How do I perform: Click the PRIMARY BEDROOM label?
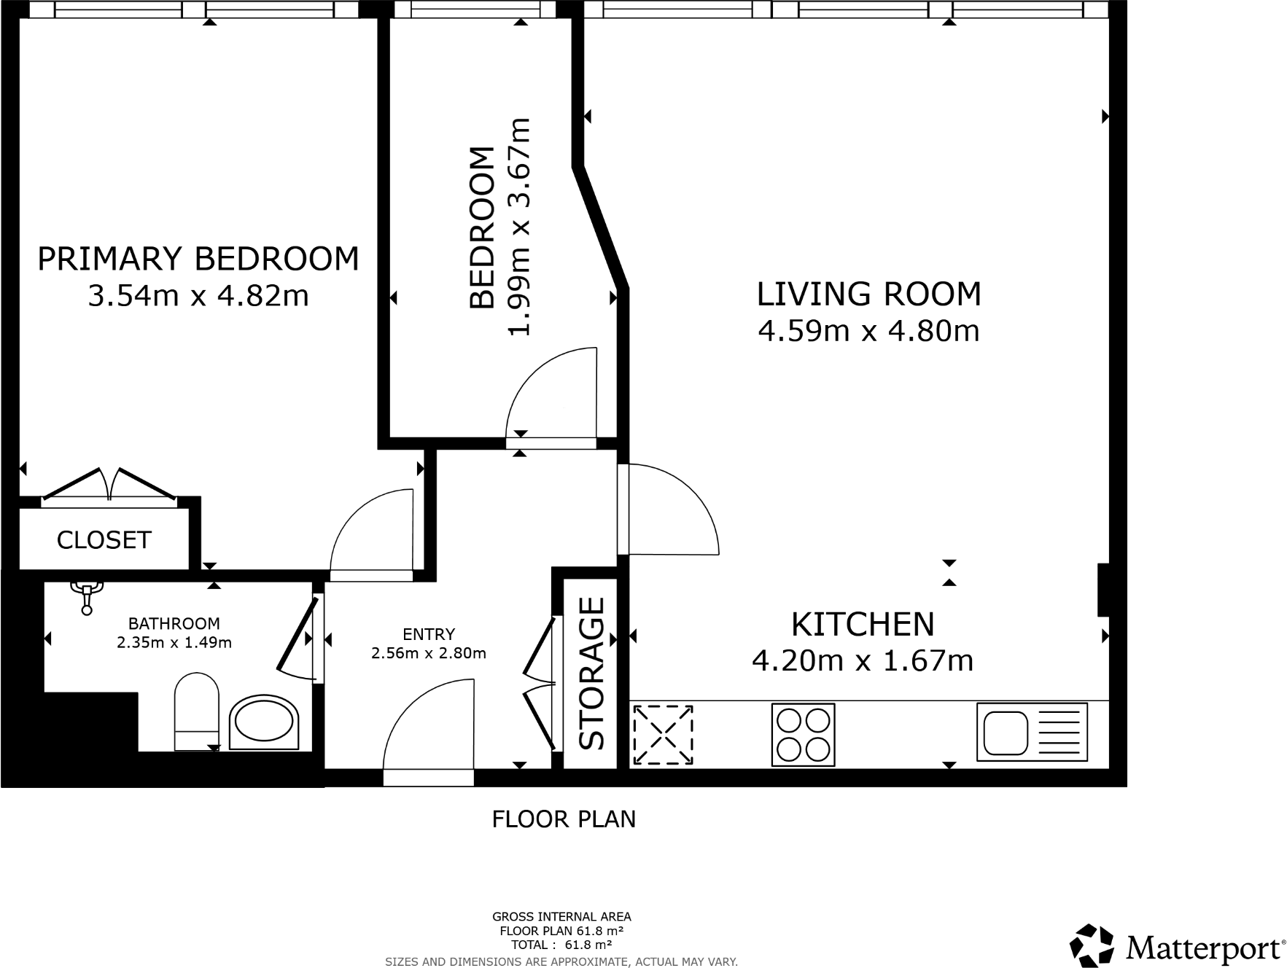coord(198,259)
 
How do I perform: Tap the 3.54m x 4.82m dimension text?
coord(198,296)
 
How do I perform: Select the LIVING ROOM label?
coord(868,294)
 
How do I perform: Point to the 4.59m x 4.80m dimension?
coord(868,331)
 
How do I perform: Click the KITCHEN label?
coord(863,624)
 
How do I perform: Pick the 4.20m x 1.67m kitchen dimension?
coord(863,661)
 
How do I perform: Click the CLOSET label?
coord(104,540)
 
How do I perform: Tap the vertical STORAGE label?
coord(592,674)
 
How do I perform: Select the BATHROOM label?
coord(174,623)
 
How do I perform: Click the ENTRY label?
coord(429,634)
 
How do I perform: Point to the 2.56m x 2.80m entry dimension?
coord(429,653)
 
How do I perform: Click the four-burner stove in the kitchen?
coord(803,735)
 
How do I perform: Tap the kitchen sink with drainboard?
coord(1032,732)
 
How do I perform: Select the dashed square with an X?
coord(663,735)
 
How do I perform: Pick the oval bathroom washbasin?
coord(265,722)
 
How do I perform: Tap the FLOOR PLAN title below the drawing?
coord(564,819)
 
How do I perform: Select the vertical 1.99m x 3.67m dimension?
coord(519,227)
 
